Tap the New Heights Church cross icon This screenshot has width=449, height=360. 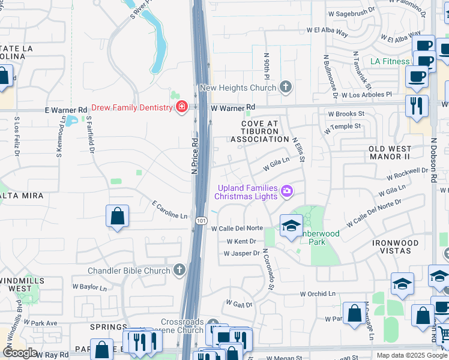pos(286,88)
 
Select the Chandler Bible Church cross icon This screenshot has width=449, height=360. pos(179,271)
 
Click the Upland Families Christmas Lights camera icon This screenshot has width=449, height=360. pos(286,191)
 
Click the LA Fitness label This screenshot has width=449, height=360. pos(390,61)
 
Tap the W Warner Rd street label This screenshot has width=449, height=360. pos(233,107)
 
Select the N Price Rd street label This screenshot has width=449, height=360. pos(194,157)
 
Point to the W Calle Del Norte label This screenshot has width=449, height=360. pos(237,228)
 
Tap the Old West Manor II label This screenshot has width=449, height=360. pos(390,152)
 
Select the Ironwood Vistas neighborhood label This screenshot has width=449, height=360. pos(394,247)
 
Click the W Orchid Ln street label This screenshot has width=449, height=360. pos(318,293)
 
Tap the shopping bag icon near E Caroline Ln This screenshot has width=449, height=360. pos(117,217)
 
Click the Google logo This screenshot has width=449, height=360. pos(20,353)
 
